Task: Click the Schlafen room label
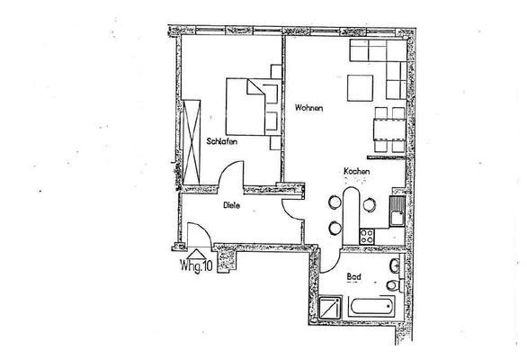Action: pos(221,140)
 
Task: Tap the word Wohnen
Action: pos(308,108)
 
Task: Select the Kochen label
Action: pos(354,171)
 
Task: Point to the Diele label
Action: pos(232,205)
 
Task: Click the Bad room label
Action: pos(354,275)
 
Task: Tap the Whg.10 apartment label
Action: pos(196,266)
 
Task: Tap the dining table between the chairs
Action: pos(389,130)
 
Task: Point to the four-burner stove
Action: pos(367,236)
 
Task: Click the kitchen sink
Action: pos(397,215)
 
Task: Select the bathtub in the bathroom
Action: pos(368,307)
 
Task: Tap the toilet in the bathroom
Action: pos(393,285)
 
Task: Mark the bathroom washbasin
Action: pos(396,266)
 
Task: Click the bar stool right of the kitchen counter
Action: pos(369,204)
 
